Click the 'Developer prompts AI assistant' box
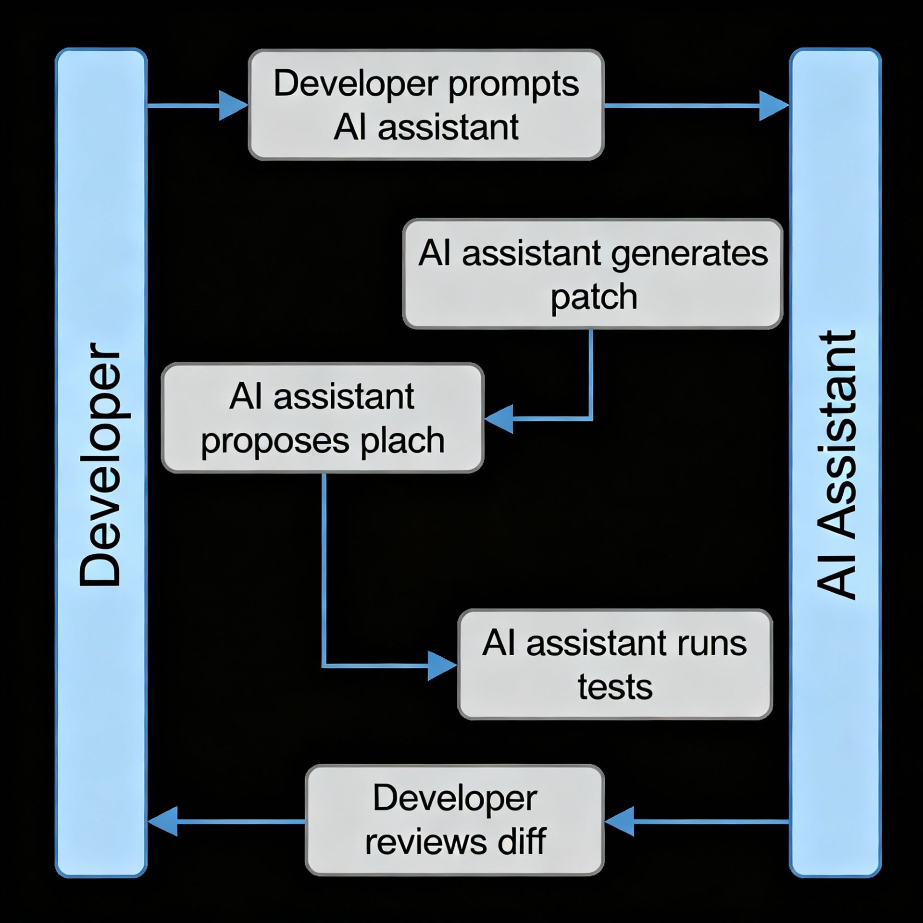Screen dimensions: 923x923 tap(426, 105)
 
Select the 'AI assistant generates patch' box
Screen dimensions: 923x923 tap(593, 274)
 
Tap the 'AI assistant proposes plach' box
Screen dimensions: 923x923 tap(323, 418)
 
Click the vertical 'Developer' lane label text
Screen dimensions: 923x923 tap(100, 464)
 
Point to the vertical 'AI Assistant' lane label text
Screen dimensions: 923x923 tap(836, 464)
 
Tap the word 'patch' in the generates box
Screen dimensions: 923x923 tap(594, 297)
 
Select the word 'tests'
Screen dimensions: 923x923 tap(615, 687)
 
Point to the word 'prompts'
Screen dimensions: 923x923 tap(513, 84)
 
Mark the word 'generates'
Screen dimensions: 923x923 tap(689, 254)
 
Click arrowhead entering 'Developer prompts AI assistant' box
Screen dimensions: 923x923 tap(233, 105)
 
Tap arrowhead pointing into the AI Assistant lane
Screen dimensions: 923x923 tap(773, 105)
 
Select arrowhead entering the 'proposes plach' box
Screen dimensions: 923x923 tap(499, 419)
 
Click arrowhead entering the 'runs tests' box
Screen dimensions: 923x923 tap(441, 666)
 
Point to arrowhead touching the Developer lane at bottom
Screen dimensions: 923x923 tap(163, 821)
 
